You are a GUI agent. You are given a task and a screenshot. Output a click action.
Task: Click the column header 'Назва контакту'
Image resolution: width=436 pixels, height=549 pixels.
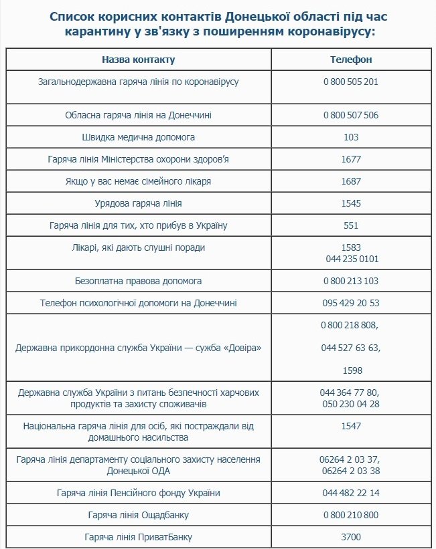[138, 60]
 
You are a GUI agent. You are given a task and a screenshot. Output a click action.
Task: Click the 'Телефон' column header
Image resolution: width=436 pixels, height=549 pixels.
[351, 60]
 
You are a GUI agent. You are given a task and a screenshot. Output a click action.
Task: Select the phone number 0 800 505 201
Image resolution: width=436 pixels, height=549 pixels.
[351, 82]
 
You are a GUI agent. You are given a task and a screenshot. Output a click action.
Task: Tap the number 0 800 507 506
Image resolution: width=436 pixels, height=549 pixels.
[351, 115]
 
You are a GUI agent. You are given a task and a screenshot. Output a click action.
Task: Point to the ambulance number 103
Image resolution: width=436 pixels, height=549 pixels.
[351, 137]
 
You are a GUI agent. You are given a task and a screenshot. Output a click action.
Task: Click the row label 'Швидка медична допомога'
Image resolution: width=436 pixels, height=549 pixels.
[138, 137]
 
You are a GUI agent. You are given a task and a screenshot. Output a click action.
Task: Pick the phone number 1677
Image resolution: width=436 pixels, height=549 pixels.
[351, 159]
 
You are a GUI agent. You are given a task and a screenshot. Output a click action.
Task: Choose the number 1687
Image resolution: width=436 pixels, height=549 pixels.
[351, 181]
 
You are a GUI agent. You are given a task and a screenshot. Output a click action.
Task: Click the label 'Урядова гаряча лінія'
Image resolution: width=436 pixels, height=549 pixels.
[138, 203]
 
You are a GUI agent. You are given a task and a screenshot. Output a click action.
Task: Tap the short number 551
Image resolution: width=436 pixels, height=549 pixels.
[351, 225]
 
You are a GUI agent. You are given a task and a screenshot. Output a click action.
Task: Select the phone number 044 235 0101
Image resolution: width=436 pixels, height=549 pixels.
[351, 259]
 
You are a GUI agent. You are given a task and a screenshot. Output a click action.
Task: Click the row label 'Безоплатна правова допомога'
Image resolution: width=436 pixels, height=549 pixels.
[138, 281]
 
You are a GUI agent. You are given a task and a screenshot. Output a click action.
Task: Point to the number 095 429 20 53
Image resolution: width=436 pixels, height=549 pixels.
[351, 303]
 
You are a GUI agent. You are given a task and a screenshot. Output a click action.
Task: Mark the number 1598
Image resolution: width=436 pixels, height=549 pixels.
[351, 370]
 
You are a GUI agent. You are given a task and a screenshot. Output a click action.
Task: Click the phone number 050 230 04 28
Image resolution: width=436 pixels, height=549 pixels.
[351, 405]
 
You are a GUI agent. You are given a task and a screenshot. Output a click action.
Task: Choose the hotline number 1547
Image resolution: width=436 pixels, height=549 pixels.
[351, 426]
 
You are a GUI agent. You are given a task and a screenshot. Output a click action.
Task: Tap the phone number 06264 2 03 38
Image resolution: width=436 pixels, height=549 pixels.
[351, 470]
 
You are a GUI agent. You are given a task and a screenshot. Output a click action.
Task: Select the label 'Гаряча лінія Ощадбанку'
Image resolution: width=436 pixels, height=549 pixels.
[138, 515]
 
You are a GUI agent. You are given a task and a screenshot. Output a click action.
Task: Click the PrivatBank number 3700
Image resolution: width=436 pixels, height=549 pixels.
[351, 537]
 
